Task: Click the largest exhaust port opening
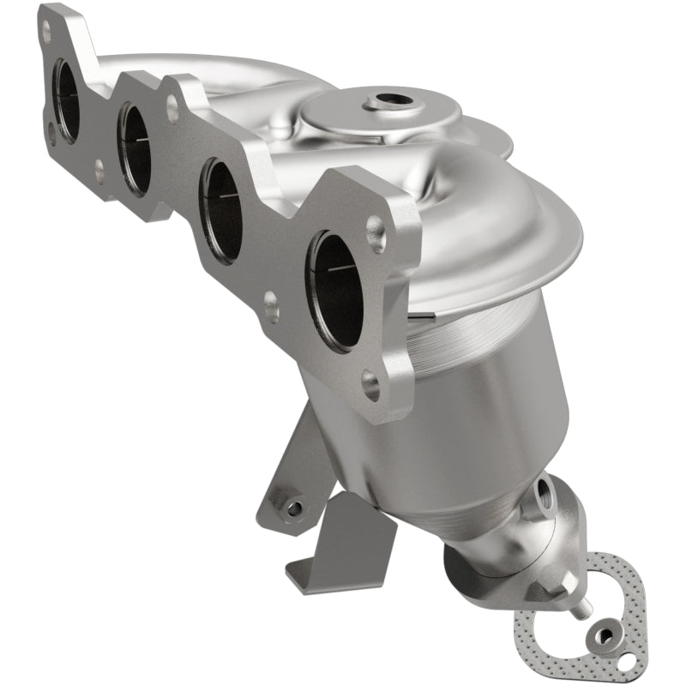(336, 290)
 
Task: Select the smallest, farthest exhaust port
(65, 101)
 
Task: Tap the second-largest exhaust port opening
(221, 210)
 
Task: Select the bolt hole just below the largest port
(370, 385)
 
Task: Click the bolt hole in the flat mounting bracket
(293, 508)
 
